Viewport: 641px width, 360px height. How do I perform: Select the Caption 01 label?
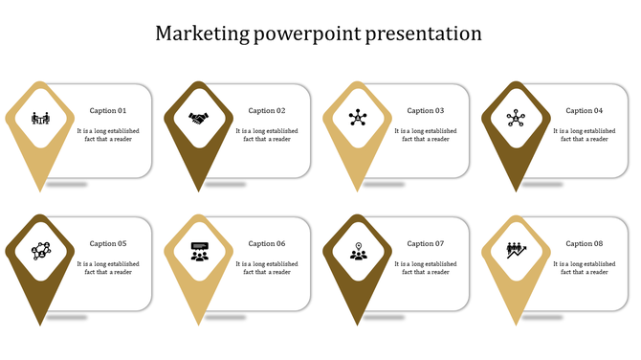108,111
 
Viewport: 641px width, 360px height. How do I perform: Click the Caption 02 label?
267,111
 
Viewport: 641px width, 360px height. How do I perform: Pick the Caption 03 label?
426,111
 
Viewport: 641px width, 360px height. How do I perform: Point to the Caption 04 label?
585,111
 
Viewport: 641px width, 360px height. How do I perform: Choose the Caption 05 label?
108,244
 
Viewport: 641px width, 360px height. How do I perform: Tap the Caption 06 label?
267,244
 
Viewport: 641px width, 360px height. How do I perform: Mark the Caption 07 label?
426,244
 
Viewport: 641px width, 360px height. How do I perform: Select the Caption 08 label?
585,244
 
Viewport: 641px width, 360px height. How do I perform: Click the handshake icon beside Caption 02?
199,119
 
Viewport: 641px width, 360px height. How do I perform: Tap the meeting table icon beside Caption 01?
40,119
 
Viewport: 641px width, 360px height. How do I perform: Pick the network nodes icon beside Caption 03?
358,119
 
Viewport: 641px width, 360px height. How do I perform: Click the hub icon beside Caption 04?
517,119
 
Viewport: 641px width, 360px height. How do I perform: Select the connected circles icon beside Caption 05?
40,252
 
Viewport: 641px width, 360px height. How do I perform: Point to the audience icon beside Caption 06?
199,252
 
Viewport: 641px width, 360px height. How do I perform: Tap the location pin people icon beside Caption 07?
358,252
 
